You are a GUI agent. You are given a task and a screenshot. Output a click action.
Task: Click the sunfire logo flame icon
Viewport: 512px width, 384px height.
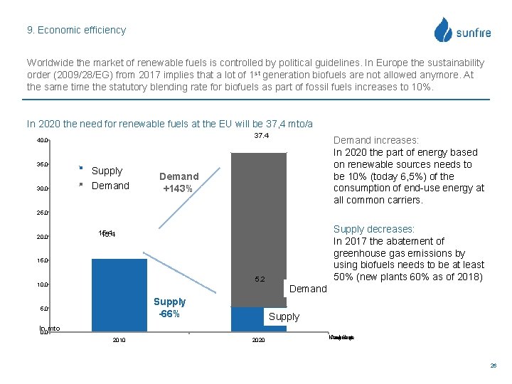(443, 30)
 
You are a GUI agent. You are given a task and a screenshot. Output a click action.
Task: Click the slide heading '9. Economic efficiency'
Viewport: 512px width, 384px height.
(76, 30)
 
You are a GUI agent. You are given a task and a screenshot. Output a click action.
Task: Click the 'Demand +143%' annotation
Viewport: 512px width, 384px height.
(179, 183)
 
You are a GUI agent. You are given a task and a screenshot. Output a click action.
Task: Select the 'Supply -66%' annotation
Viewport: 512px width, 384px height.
(169, 308)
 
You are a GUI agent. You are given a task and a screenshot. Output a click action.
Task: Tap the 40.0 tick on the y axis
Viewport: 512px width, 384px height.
(43, 141)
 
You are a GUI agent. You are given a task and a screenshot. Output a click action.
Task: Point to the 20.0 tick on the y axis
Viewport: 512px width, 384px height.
(43, 237)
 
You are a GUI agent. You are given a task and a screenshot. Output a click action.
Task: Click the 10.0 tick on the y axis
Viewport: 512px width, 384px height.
(43, 284)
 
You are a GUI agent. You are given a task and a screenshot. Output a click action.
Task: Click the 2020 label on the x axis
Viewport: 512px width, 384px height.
(258, 341)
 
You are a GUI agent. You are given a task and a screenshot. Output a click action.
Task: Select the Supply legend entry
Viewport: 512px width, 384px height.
(107, 171)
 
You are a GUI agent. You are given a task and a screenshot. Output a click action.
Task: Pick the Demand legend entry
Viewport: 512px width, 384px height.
(110, 186)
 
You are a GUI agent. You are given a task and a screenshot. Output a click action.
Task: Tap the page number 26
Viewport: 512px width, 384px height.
(493, 366)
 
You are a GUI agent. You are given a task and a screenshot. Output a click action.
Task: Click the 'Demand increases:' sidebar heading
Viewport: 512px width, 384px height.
(376, 140)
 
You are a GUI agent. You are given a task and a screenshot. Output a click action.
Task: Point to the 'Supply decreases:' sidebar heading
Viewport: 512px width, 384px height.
(374, 229)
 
